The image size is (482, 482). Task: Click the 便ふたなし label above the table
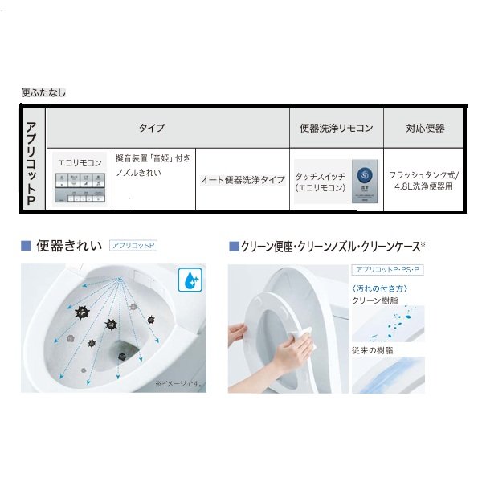click(43, 93)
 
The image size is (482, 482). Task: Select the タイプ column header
click(152, 129)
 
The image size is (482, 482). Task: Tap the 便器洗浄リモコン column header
click(336, 129)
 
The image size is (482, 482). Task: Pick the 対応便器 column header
click(425, 129)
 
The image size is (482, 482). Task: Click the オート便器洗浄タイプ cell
click(242, 180)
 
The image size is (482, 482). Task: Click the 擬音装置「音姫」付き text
click(153, 159)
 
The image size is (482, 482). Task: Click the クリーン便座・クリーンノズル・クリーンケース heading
click(329, 246)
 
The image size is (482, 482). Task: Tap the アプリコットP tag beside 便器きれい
click(136, 243)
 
